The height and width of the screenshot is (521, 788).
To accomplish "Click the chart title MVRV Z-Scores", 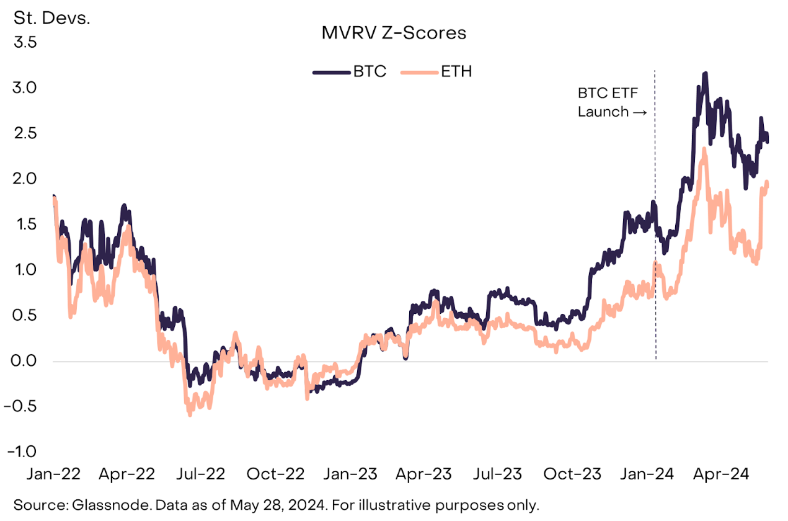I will point(394,32).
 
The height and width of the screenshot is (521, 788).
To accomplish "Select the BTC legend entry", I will point(370,71).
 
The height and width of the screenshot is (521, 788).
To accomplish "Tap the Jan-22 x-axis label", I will point(53,474).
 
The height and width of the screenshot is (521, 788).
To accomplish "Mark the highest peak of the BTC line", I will point(705,74).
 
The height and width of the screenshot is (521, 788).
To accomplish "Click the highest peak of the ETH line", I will point(704,149).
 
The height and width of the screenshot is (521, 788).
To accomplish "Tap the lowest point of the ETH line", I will point(190,414).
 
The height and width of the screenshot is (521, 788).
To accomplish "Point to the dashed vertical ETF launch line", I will point(655,248).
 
